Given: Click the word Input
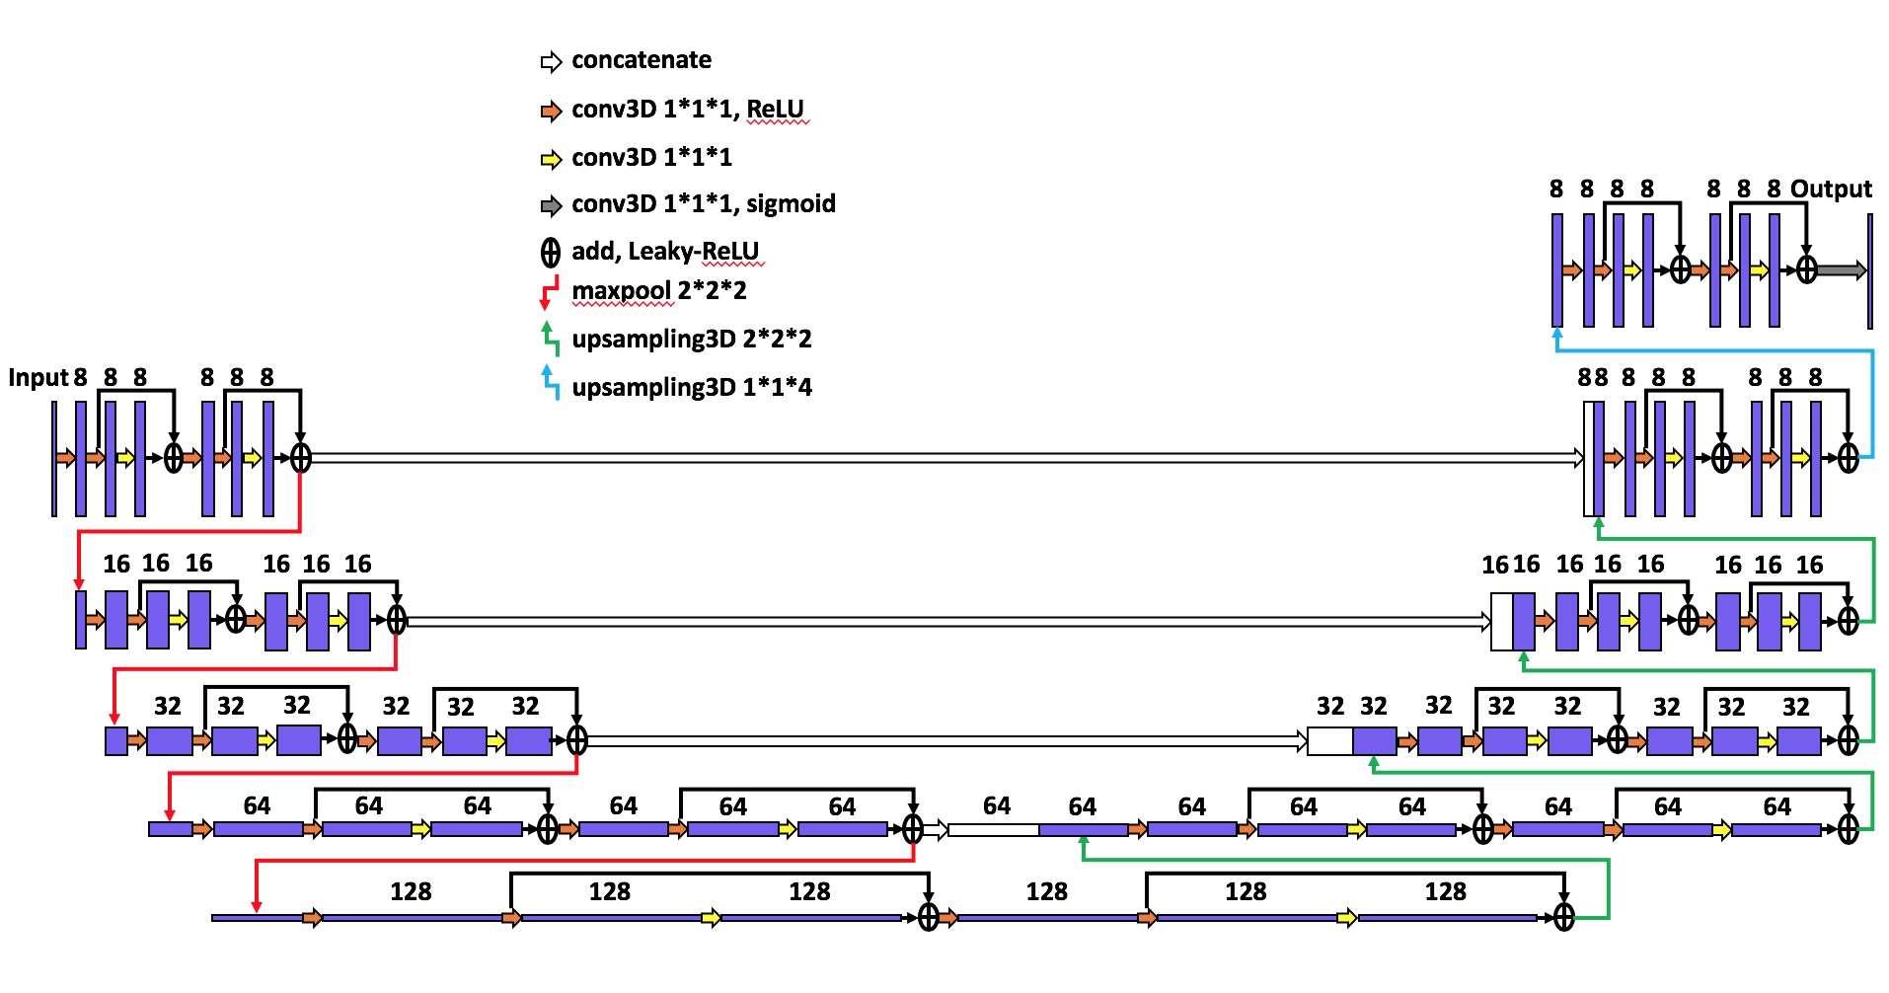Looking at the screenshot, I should pyautogui.click(x=38, y=378).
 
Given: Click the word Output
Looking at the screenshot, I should pyautogui.click(x=1831, y=190).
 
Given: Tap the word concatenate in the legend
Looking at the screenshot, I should pyautogui.click(x=642, y=60).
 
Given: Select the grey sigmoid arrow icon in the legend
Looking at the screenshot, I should pyautogui.click(x=551, y=206).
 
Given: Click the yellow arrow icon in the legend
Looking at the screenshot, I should pyautogui.click(x=551, y=159).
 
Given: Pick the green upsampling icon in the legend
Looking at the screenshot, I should pyautogui.click(x=550, y=339).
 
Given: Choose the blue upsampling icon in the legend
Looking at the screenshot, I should pyautogui.click(x=550, y=383).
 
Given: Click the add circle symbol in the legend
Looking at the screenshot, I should pyautogui.click(x=551, y=254).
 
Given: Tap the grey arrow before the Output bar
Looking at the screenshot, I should pyautogui.click(x=1842, y=269).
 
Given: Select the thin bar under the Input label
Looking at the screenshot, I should pyautogui.click(x=54, y=458).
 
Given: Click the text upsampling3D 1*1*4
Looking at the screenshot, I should pyautogui.click(x=692, y=387).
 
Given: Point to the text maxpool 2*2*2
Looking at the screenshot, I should pyautogui.click(x=659, y=291).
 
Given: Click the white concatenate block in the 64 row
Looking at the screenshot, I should pyautogui.click(x=993, y=830).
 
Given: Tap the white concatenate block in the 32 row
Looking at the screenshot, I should pyautogui.click(x=1329, y=740).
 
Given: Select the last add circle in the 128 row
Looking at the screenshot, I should pyautogui.click(x=1564, y=918).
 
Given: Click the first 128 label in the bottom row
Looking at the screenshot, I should pyautogui.click(x=411, y=892).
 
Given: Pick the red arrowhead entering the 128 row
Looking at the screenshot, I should pyautogui.click(x=257, y=905).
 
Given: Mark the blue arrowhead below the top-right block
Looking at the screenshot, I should pyautogui.click(x=1557, y=334).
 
